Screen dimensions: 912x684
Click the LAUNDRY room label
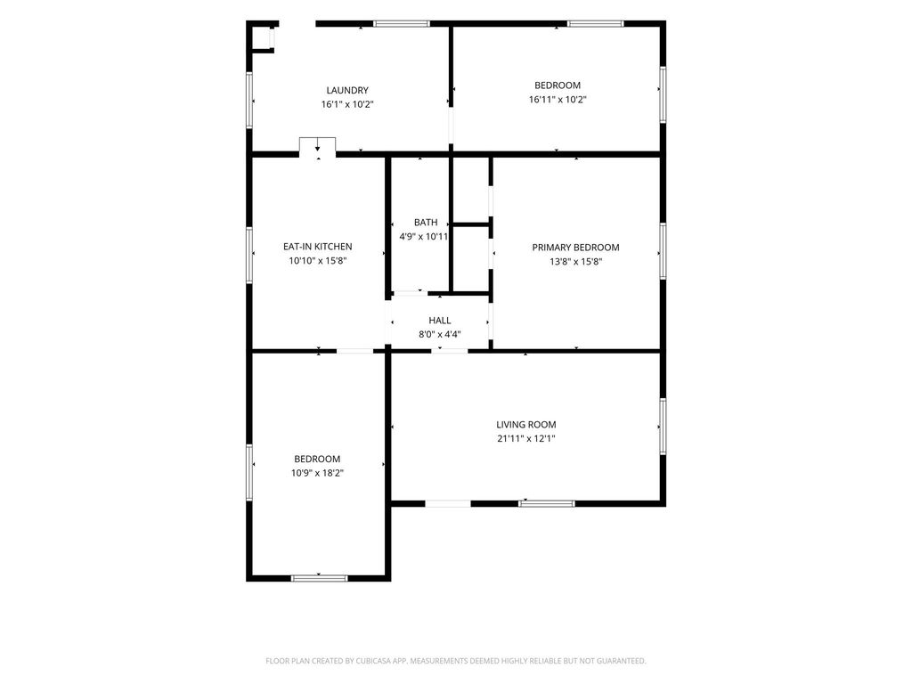tap(347, 90)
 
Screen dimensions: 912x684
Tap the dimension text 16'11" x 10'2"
tap(558, 100)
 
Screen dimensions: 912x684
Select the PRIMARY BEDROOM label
tap(576, 248)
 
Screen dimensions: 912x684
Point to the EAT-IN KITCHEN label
tap(318, 247)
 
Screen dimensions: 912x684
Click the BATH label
tap(426, 222)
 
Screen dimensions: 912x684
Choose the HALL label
tap(440, 321)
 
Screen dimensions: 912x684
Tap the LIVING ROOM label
tap(526, 425)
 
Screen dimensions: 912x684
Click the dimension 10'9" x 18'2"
tap(318, 473)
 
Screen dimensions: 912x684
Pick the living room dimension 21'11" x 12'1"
tap(526, 438)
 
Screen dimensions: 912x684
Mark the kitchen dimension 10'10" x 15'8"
tap(318, 261)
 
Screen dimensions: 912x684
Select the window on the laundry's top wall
tap(402, 24)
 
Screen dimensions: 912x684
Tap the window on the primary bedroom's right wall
tap(663, 250)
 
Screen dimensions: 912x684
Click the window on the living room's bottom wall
tap(547, 504)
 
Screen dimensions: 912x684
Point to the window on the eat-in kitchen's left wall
tap(249, 256)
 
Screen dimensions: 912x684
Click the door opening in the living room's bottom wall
tap(448, 504)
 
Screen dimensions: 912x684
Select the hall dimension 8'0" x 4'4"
tap(440, 335)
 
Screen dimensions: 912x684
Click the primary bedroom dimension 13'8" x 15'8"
tap(576, 262)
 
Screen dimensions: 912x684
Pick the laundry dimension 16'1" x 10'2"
tap(347, 105)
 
